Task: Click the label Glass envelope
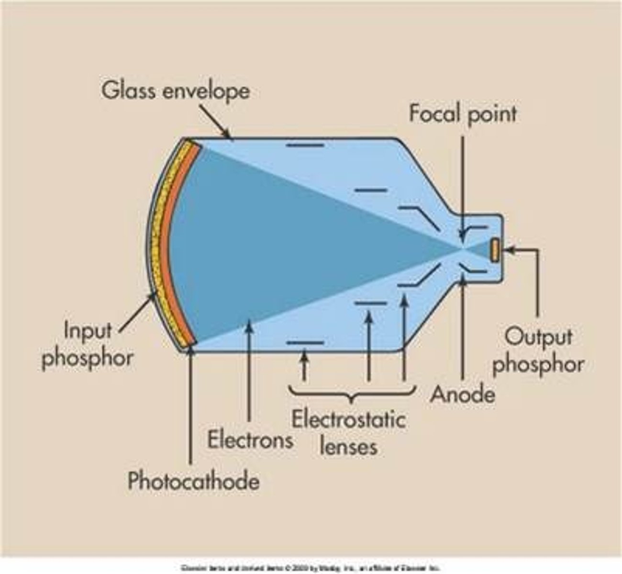pyautogui.click(x=175, y=91)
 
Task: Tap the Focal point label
pyautogui.click(x=463, y=114)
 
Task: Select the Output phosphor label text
pyautogui.click(x=538, y=350)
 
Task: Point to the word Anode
pyautogui.click(x=462, y=394)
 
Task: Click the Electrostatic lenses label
pyautogui.click(x=348, y=433)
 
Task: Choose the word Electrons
pyautogui.click(x=250, y=439)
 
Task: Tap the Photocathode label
pyautogui.click(x=193, y=480)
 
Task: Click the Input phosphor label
pyautogui.click(x=88, y=343)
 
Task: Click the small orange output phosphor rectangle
pyautogui.click(x=495, y=250)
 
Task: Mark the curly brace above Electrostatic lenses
pyautogui.click(x=352, y=392)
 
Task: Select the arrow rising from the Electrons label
pyautogui.click(x=249, y=373)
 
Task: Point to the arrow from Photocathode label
pyautogui.click(x=191, y=407)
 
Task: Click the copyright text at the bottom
pyautogui.click(x=310, y=568)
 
